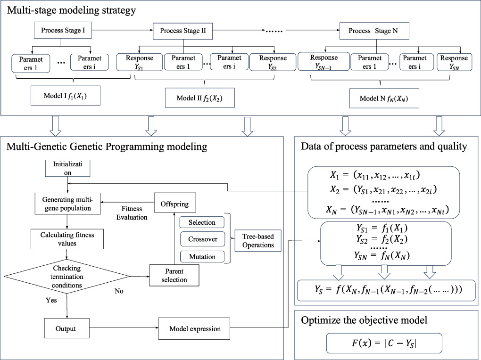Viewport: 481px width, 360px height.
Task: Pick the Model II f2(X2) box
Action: pyautogui.click(x=199, y=98)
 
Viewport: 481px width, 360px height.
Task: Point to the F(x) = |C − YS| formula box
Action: pyautogui.click(x=384, y=343)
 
